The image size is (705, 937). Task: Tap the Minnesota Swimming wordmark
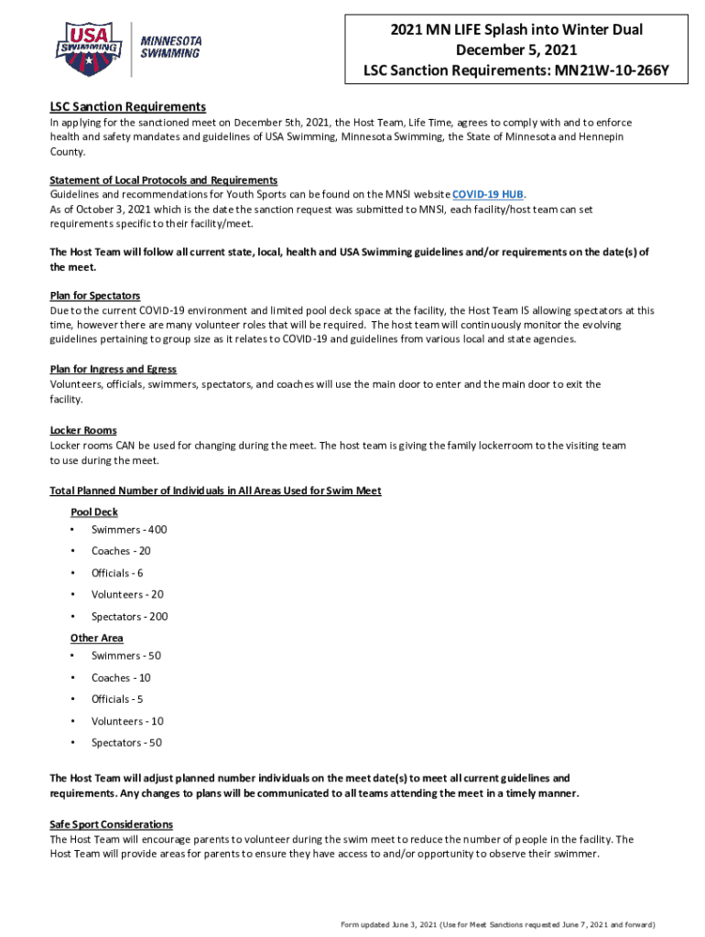click(x=169, y=47)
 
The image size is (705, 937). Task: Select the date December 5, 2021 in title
click(x=516, y=49)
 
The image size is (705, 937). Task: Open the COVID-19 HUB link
click(x=488, y=195)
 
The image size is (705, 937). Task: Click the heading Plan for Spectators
click(x=95, y=296)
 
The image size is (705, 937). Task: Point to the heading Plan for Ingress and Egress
click(x=113, y=369)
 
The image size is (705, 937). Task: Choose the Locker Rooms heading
click(x=82, y=430)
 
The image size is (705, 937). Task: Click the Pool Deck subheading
click(x=94, y=512)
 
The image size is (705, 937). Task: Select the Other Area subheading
click(x=97, y=638)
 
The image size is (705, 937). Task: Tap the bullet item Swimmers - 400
click(x=129, y=530)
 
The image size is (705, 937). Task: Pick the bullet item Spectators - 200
click(x=130, y=617)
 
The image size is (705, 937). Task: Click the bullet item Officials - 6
click(x=117, y=573)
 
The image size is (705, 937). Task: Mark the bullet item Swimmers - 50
click(x=126, y=656)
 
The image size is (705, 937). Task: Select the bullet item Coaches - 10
click(x=121, y=678)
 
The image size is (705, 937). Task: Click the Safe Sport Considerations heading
click(x=111, y=824)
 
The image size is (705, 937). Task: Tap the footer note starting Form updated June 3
click(x=498, y=924)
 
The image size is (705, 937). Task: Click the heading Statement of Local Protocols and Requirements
click(x=164, y=180)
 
